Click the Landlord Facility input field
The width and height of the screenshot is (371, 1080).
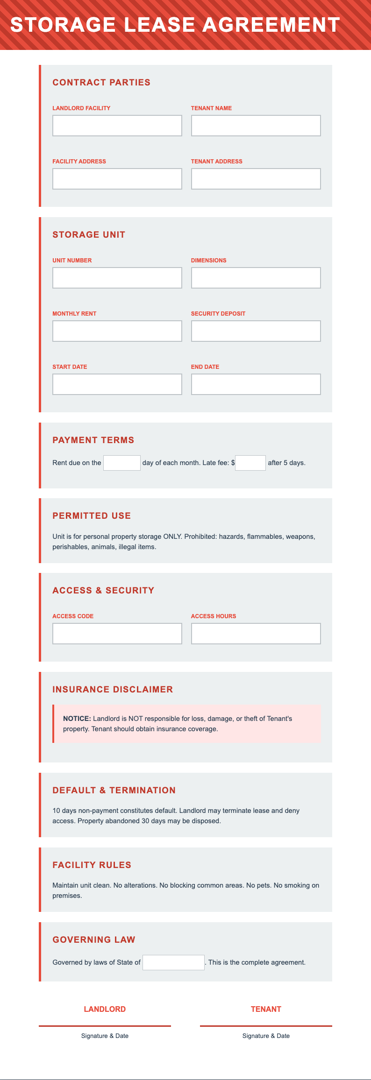pos(117,126)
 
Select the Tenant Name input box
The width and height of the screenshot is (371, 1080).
pos(256,126)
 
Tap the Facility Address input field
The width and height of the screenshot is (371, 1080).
pos(117,179)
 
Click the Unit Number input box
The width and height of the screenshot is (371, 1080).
pos(117,278)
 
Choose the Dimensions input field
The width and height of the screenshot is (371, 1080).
pos(256,278)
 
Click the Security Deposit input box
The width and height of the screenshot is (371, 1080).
pos(256,331)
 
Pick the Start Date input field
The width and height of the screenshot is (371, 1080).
pos(117,384)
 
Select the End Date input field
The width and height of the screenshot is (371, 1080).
pos(256,384)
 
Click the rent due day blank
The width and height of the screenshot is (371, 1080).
pos(121,463)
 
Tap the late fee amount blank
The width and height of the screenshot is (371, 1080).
pos(250,463)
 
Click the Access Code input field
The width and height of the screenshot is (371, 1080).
pos(117,634)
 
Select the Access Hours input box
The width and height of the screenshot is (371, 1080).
pos(256,634)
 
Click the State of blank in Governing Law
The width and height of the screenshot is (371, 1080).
pos(173,962)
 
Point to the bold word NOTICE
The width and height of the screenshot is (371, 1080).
pos(77,719)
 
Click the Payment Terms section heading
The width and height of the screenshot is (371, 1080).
pos(93,440)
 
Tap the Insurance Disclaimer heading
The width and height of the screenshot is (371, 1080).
pos(113,689)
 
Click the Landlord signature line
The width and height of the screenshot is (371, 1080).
pos(105,1025)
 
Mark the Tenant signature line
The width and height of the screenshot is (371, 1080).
pos(266,1025)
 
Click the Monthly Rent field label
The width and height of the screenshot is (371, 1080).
pos(74,314)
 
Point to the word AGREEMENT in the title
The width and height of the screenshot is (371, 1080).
pos(271,25)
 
